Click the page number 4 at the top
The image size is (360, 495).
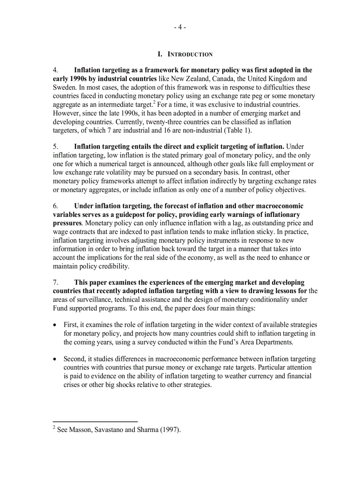[180, 27]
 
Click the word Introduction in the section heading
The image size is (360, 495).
[189, 54]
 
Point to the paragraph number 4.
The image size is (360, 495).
[55, 70]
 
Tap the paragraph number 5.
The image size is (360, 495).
[55, 147]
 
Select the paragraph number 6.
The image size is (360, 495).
[55, 206]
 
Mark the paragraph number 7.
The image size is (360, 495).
[55, 283]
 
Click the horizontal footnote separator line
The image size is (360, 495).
[95, 421]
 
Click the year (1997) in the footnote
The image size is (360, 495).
[169, 430]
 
